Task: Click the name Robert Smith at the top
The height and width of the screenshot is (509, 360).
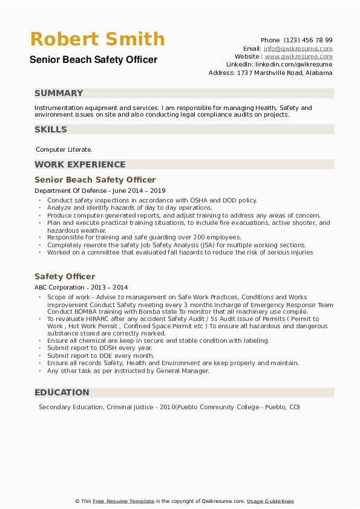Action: (x=97, y=39)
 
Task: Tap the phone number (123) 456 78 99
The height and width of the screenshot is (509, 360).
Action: (x=309, y=40)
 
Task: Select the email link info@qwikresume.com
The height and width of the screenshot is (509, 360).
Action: (x=298, y=48)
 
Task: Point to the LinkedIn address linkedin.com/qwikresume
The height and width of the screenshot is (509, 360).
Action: (x=293, y=64)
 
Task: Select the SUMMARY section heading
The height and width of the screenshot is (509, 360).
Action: (x=59, y=93)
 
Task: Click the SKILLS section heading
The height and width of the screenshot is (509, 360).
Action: (x=51, y=129)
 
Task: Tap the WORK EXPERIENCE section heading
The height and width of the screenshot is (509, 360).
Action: (x=80, y=164)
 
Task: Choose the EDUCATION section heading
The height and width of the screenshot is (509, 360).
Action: (x=62, y=393)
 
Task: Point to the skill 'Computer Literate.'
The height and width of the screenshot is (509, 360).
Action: (x=64, y=149)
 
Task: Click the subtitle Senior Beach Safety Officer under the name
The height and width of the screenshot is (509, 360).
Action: (x=93, y=60)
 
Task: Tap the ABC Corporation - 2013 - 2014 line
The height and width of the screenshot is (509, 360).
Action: (x=81, y=288)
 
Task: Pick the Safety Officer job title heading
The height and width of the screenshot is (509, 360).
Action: (x=65, y=276)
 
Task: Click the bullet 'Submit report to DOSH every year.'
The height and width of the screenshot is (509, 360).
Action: (x=99, y=348)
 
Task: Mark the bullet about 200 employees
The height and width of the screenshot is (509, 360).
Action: (x=144, y=238)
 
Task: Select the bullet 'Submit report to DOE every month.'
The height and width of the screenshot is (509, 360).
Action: (x=100, y=355)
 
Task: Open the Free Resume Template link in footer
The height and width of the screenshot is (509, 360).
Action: (x=123, y=501)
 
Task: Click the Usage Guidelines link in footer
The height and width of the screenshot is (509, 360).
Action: (x=270, y=501)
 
